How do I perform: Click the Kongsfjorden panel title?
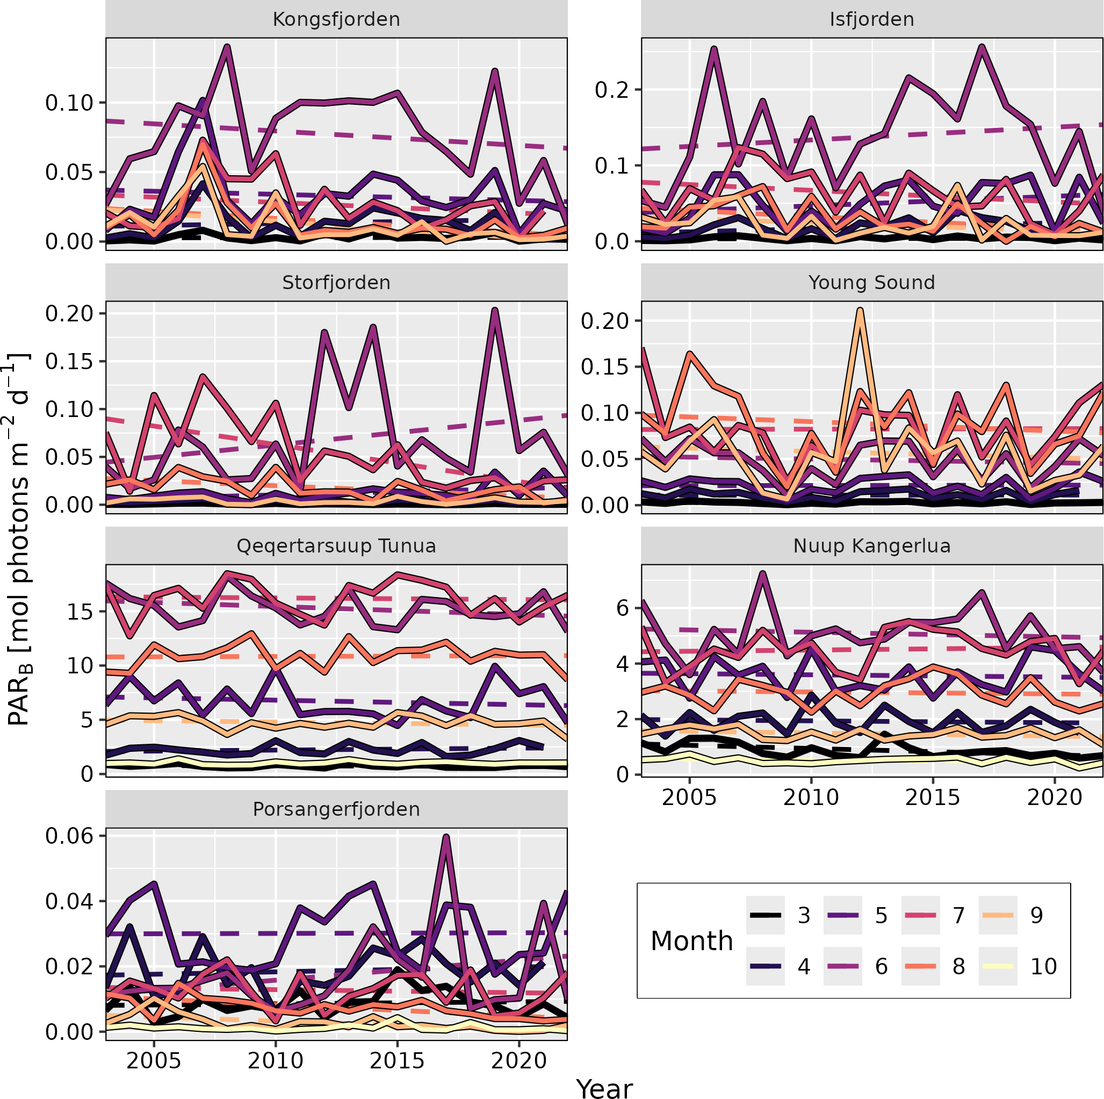(x=336, y=19)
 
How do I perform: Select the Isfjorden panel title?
(x=871, y=19)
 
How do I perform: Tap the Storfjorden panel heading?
(x=336, y=283)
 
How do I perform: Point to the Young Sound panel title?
(x=871, y=283)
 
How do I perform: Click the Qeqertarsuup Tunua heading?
(x=336, y=547)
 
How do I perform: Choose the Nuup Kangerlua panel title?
(x=871, y=547)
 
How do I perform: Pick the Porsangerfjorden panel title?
(x=336, y=810)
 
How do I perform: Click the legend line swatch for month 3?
(x=765, y=916)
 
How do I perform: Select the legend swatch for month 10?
(x=998, y=966)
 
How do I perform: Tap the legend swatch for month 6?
(x=842, y=966)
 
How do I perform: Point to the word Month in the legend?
(x=691, y=941)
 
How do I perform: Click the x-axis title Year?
(x=604, y=1088)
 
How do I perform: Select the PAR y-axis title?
(x=18, y=540)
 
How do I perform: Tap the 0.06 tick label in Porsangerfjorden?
(x=69, y=836)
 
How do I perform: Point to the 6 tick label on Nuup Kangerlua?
(x=622, y=608)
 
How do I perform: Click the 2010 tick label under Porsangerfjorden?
(x=276, y=1061)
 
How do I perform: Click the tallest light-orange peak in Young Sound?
(x=860, y=310)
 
